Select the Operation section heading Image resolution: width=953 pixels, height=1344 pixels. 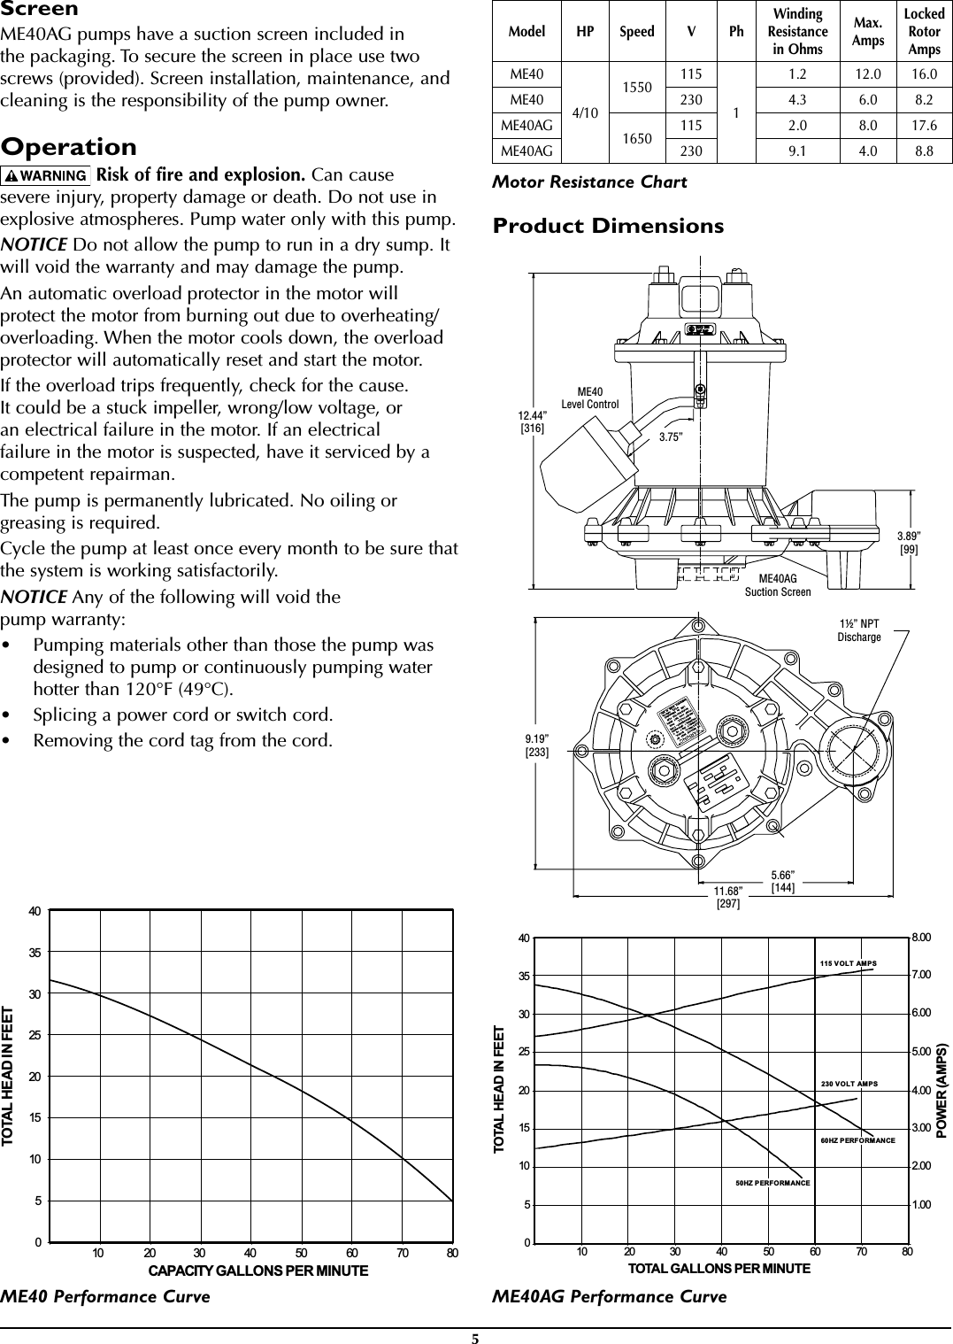pos(69,146)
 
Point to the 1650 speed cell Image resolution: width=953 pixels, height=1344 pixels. pos(637,138)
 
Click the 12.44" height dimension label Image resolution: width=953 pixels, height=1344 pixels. pos(532,421)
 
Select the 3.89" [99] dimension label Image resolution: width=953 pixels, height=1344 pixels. pos(909,543)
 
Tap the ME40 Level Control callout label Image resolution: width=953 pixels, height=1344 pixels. pos(590,398)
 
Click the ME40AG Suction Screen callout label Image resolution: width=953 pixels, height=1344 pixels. pos(778,584)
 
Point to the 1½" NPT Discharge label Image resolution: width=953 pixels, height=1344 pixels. pos(859,630)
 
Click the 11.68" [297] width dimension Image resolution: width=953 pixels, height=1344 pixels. pos(728,896)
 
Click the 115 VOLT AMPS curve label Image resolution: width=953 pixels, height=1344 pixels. pos(848,963)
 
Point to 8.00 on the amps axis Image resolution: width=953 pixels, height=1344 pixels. pos(921,937)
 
